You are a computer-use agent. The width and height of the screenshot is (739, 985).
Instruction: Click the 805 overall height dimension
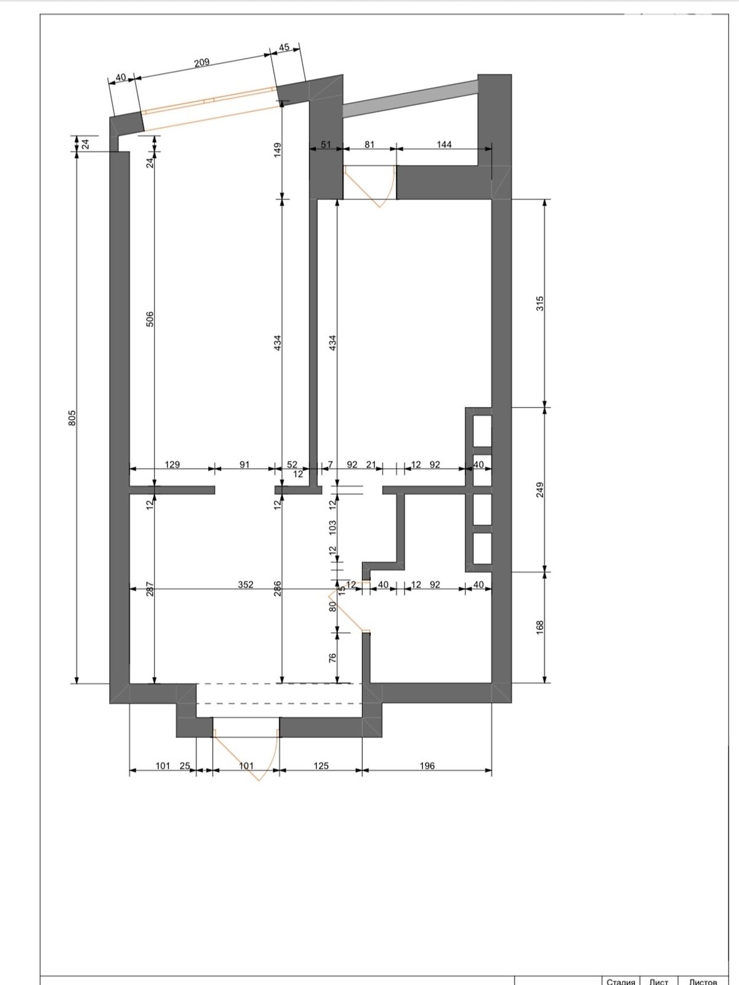point(73,418)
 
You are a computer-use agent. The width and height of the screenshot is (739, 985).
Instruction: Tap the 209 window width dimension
point(202,62)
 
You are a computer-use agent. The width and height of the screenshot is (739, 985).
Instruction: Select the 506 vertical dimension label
point(150,319)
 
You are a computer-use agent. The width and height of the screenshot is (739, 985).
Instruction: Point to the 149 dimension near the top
point(277,150)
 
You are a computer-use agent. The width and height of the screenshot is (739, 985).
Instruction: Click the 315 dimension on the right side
point(540,304)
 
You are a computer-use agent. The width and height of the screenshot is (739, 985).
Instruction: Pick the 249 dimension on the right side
point(540,489)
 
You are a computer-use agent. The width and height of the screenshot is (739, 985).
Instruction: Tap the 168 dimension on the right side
point(540,627)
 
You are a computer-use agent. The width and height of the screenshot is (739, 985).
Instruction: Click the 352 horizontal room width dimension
point(246,584)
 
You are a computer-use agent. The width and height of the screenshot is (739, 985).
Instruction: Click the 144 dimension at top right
point(444,144)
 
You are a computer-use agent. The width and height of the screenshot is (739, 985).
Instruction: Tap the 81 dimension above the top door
point(369,144)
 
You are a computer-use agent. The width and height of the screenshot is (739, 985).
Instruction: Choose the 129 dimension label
point(172,464)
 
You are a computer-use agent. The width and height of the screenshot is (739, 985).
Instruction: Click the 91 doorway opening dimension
point(244,464)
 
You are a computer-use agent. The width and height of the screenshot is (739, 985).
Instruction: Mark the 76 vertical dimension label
point(333,658)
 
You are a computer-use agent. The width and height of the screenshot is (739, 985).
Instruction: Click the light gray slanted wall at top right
point(410,98)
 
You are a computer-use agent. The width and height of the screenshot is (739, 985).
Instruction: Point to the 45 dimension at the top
point(284,47)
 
